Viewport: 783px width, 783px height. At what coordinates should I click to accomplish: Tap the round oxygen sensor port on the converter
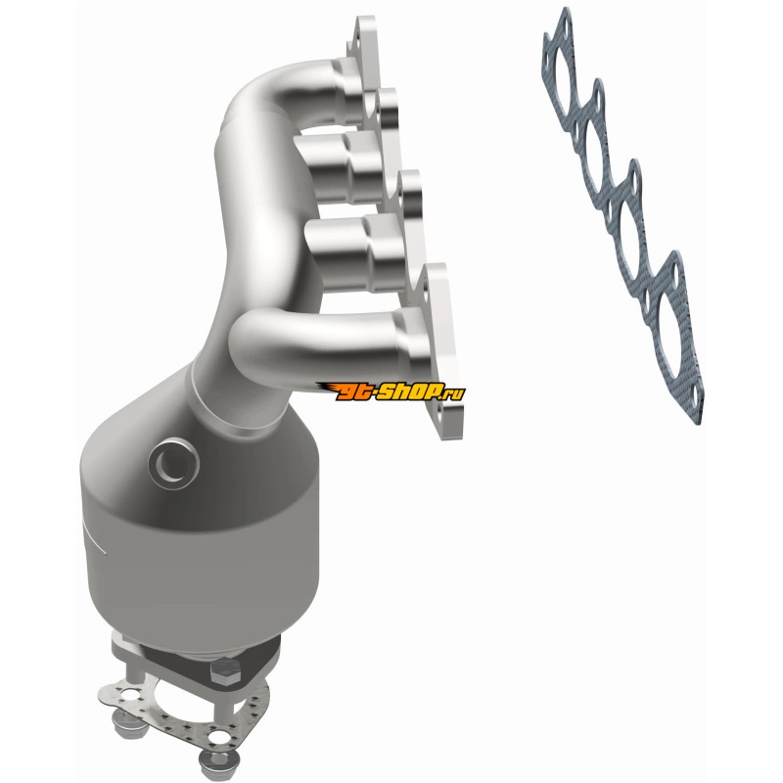click(174, 463)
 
